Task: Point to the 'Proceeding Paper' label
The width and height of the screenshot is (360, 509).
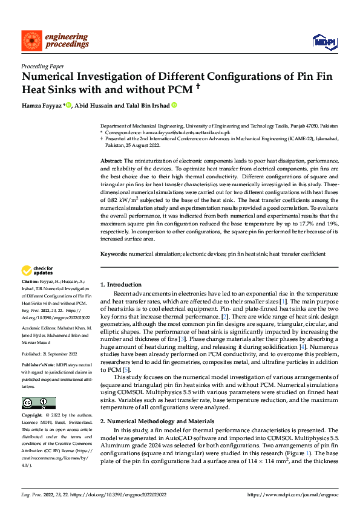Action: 43,66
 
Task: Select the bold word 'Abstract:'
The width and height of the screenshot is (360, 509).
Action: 111,160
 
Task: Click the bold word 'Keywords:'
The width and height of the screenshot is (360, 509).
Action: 113,254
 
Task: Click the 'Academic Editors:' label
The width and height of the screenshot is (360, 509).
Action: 40,326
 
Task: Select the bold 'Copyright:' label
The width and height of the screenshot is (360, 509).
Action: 33,416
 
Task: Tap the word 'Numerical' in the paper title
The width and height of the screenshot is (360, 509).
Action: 50,77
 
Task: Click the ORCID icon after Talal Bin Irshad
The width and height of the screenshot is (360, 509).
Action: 174,106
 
